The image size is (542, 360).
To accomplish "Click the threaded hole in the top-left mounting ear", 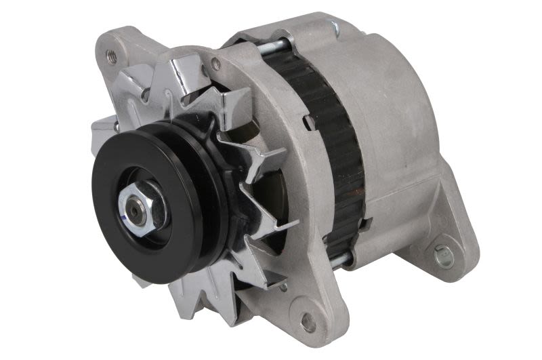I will pos(112,56).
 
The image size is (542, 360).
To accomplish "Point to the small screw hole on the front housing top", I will pos(215,64).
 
